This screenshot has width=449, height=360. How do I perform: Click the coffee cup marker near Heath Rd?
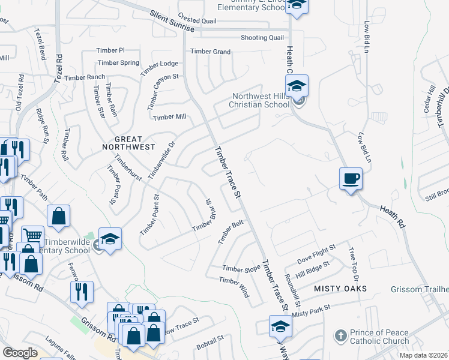[351, 178]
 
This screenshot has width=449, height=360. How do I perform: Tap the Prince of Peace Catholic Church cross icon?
[340, 334]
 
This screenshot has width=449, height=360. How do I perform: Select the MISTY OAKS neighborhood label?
[340, 289]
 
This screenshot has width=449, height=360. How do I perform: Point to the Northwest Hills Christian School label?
[260, 100]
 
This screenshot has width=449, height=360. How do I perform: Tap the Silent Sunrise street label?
[172, 20]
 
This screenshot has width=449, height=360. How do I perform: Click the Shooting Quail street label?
[262, 37]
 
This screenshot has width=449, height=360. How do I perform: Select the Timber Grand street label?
[210, 52]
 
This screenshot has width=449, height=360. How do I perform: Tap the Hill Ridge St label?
[313, 267]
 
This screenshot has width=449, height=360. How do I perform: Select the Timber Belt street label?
[231, 232]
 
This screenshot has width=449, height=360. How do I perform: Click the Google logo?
[20, 353]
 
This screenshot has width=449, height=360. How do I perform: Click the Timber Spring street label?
[118, 62]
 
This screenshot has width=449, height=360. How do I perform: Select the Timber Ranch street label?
[85, 77]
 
